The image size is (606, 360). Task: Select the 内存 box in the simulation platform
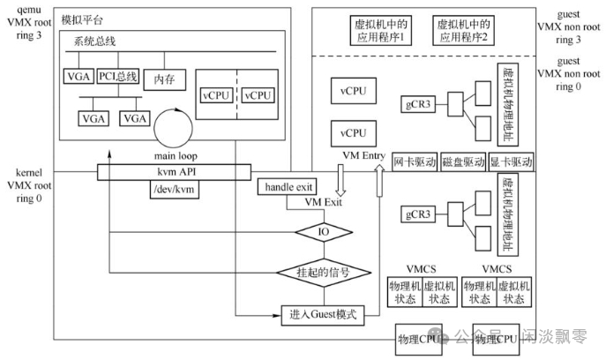163,78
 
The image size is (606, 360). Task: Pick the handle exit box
284,186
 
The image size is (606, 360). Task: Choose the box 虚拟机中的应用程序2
463,32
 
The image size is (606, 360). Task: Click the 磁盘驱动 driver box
462,163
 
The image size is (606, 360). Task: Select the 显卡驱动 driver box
511,163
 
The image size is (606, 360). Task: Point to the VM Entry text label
364,156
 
